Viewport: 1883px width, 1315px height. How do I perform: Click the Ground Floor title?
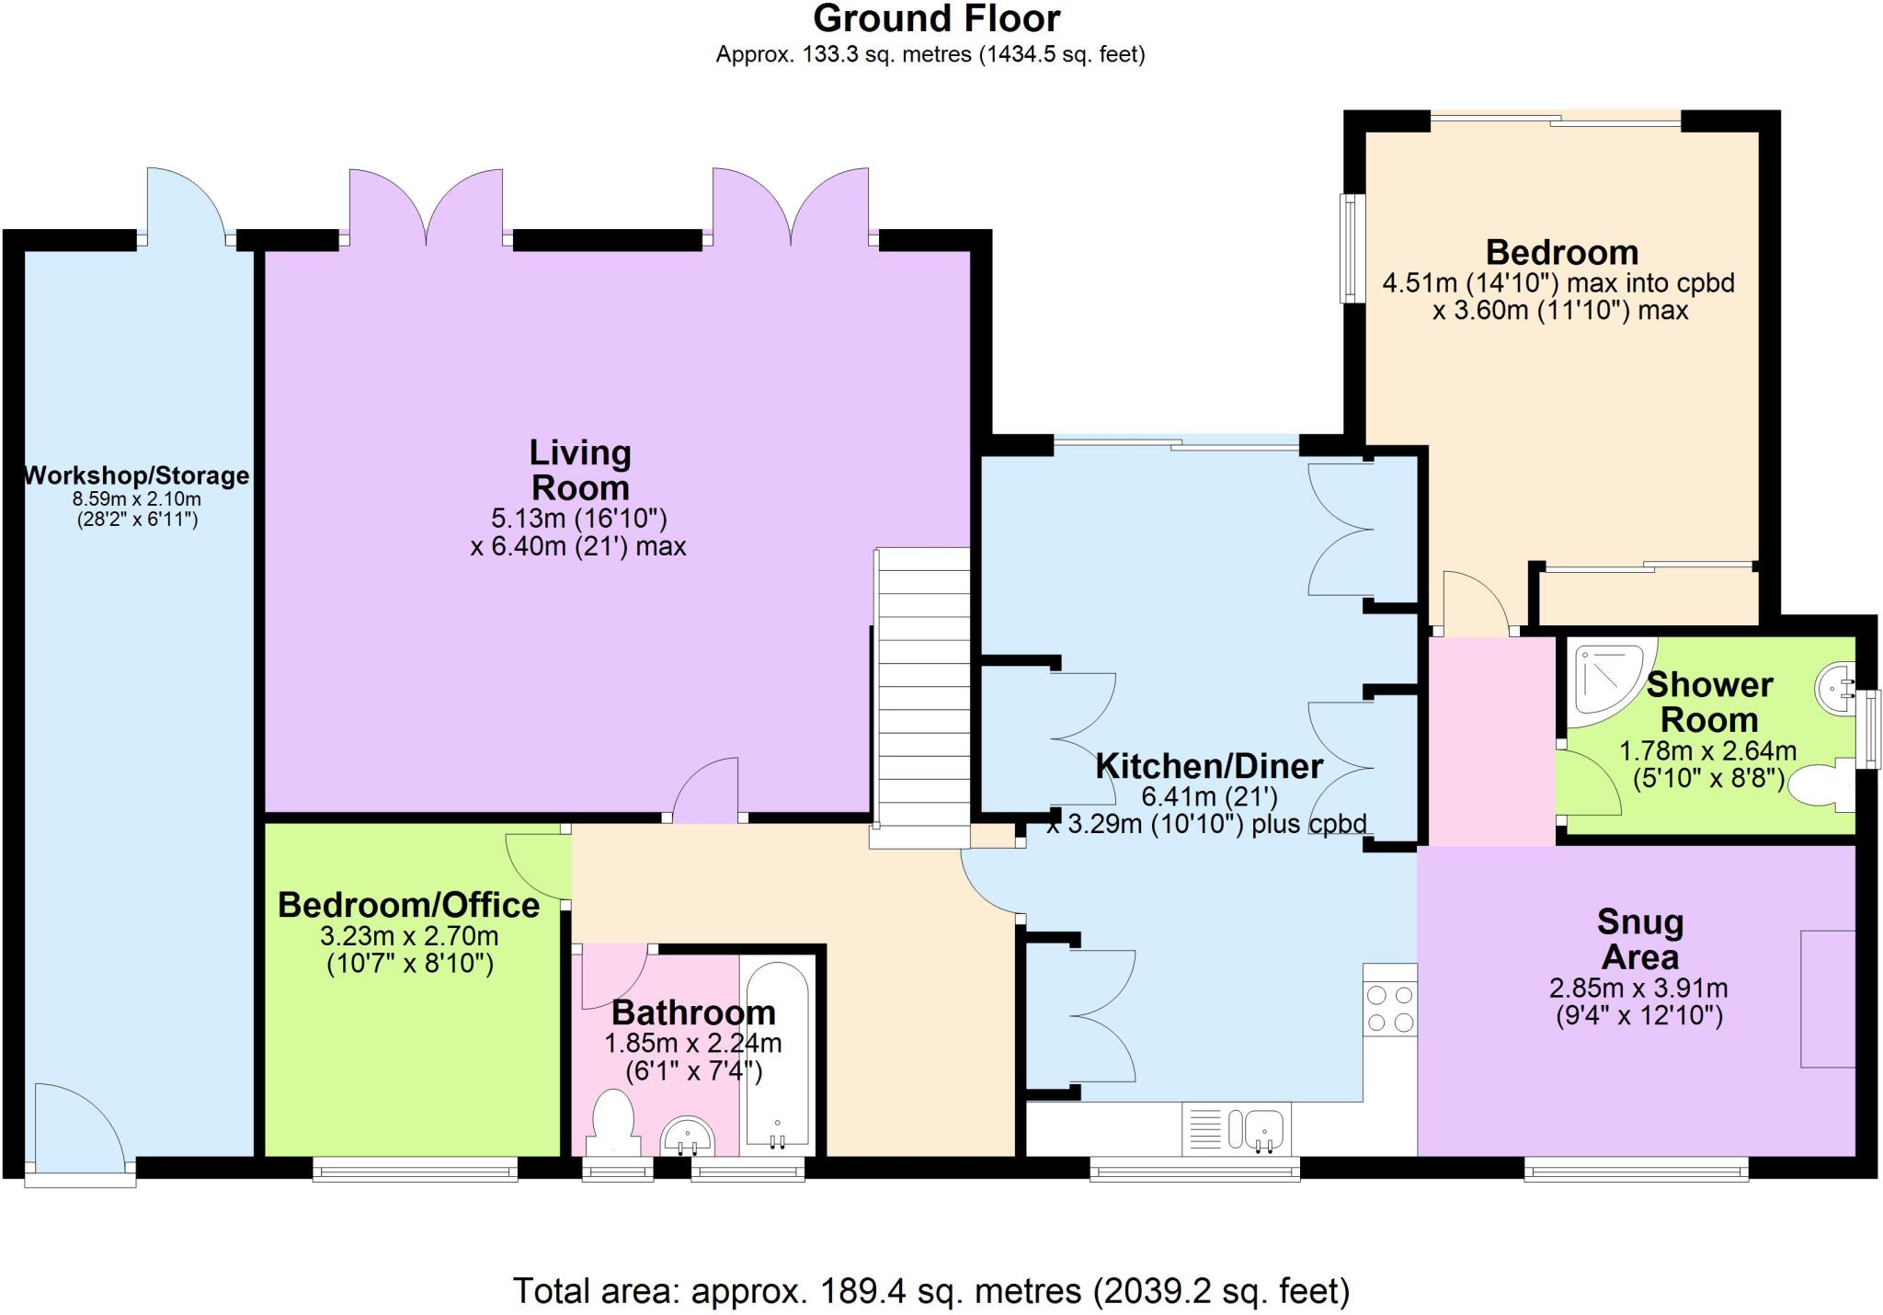(x=936, y=18)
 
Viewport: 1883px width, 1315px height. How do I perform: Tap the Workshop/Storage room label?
(x=136, y=475)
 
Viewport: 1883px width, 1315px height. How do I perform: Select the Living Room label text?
(x=580, y=470)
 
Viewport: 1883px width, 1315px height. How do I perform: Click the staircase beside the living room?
(x=921, y=697)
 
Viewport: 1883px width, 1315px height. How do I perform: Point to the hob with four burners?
(x=1390, y=1009)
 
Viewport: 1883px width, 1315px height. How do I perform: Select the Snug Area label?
(x=1640, y=939)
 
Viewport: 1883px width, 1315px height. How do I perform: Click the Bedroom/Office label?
(x=409, y=905)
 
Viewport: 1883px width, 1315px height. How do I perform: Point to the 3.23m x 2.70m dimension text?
(x=409, y=936)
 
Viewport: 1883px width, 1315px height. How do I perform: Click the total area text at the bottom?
(x=930, y=1291)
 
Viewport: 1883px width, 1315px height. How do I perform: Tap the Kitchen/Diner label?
(x=1209, y=765)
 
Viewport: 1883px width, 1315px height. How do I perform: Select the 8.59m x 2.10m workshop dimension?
(x=136, y=499)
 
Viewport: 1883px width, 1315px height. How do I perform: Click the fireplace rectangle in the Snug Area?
(x=1828, y=999)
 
